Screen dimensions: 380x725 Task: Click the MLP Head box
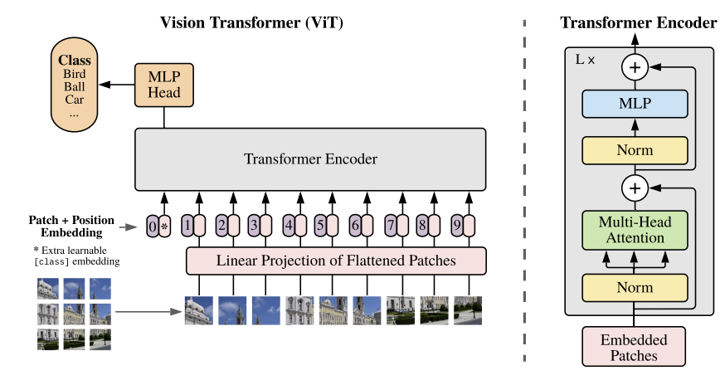(164, 84)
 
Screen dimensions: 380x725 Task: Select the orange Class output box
(74, 87)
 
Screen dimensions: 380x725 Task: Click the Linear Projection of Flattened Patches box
(336, 261)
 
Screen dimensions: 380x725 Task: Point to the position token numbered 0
(152, 225)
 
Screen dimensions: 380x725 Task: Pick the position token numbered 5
(320, 225)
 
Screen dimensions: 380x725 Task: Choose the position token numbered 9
(455, 225)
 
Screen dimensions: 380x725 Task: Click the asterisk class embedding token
(164, 225)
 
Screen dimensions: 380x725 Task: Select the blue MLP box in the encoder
(635, 105)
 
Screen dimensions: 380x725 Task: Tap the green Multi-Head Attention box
(635, 229)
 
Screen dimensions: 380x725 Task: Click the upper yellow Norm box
(635, 150)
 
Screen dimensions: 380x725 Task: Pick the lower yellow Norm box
(635, 287)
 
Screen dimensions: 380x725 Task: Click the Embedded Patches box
(635, 347)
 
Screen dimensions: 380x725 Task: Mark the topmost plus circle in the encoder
(635, 66)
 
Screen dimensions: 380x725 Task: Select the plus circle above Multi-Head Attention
(635, 188)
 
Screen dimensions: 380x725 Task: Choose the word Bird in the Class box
(74, 75)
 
